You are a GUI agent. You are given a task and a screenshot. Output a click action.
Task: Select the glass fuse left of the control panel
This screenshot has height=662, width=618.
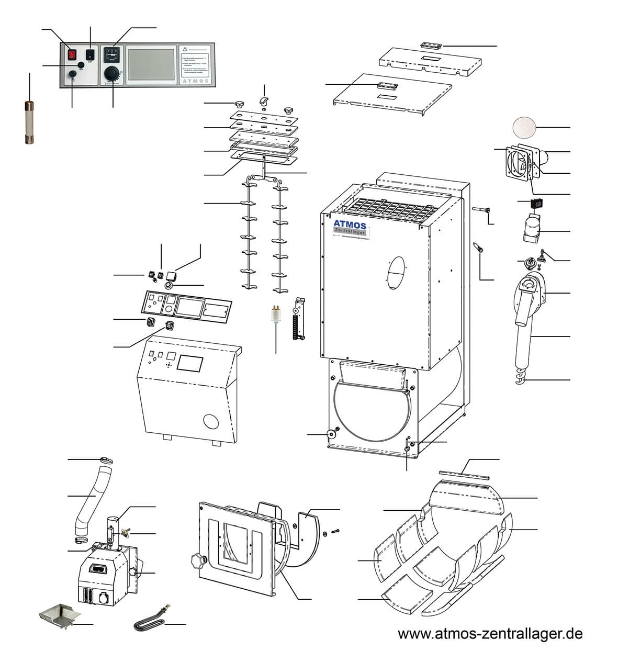click(29, 123)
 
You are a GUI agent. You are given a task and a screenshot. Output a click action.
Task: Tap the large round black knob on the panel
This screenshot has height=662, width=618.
click(113, 72)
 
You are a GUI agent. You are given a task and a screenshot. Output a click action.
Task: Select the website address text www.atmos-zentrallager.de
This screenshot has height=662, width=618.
click(490, 634)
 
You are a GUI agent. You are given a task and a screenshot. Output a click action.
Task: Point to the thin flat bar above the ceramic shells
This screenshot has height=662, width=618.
click(465, 474)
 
